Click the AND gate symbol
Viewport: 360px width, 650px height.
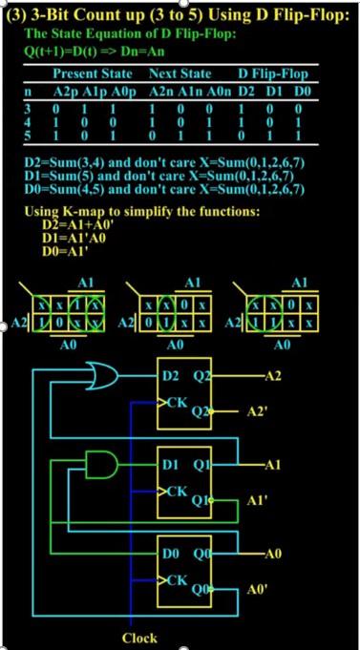[100, 465]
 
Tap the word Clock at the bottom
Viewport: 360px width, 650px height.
[139, 637]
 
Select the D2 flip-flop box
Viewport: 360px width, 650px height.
[189, 390]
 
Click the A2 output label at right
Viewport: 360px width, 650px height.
[273, 376]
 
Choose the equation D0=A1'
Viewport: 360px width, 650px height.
[65, 252]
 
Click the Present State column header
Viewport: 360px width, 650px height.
[92, 73]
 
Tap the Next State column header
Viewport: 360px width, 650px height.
[180, 73]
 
